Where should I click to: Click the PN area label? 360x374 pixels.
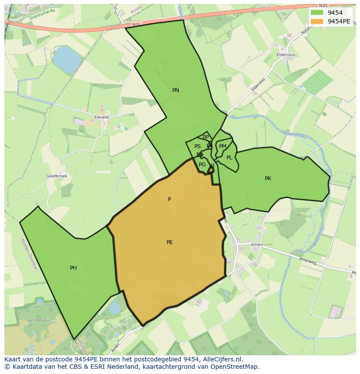[176, 90]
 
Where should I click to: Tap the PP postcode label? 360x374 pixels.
[206, 137]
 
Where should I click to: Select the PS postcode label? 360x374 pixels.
[197, 146]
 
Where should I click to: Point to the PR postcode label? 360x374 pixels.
[210, 146]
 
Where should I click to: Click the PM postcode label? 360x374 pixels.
[223, 146]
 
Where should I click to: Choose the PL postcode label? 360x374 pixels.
[229, 158]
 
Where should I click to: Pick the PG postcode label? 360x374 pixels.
[202, 165]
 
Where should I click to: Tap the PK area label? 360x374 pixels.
[268, 179]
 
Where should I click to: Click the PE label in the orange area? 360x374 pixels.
[170, 242]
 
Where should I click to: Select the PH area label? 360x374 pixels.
[73, 268]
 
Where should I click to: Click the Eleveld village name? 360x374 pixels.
[101, 117]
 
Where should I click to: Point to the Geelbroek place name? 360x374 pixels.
[57, 176]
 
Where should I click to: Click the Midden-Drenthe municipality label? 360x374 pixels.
[29, 254]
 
